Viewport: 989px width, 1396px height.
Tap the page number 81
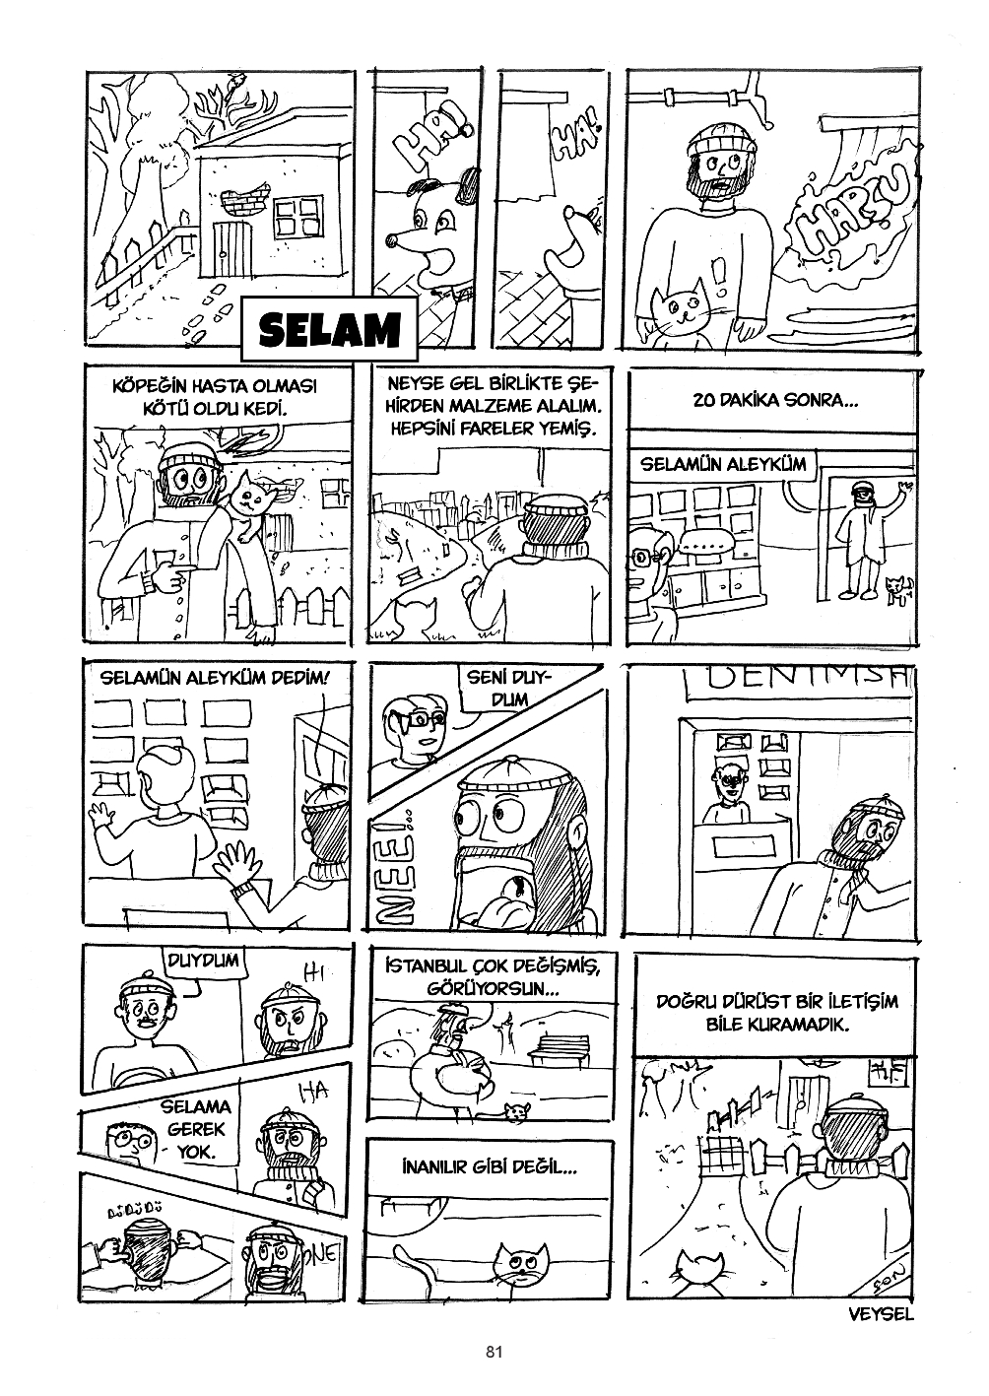pos(494,1352)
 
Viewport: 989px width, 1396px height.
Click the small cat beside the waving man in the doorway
pos(896,589)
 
